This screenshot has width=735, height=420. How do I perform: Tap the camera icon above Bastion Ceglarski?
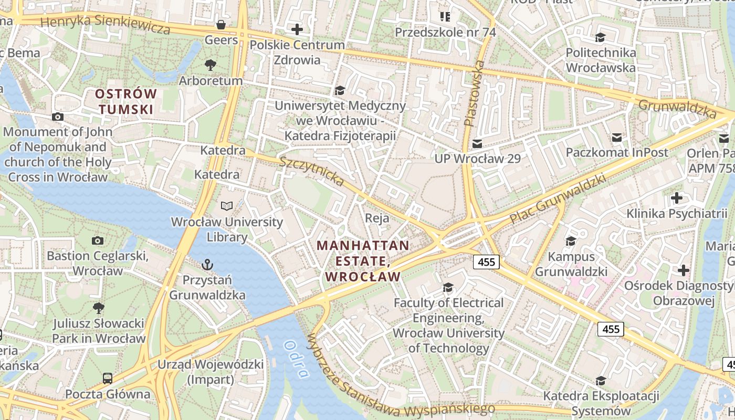pyautogui.click(x=97, y=240)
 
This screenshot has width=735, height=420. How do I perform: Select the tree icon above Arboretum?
pyautogui.click(x=211, y=65)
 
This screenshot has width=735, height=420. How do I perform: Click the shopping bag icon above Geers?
pyautogui.click(x=221, y=24)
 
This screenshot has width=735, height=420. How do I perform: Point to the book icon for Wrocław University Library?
pyautogui.click(x=227, y=206)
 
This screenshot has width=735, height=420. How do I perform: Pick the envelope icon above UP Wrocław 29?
pyautogui.click(x=477, y=143)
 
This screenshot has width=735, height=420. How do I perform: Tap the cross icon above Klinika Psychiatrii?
pyautogui.click(x=677, y=198)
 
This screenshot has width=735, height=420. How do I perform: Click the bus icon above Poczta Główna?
pyautogui.click(x=107, y=378)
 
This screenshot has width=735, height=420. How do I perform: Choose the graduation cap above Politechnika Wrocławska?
pyautogui.click(x=600, y=37)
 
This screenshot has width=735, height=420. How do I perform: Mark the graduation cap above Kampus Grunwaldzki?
pyautogui.click(x=571, y=241)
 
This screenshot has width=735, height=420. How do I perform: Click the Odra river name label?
pyautogui.click(x=296, y=359)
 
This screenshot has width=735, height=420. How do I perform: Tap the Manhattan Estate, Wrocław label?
pyautogui.click(x=363, y=261)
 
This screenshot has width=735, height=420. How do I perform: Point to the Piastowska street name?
pyautogui.click(x=475, y=93)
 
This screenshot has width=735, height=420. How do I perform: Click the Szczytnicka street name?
pyautogui.click(x=311, y=171)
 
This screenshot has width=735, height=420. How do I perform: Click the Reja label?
pyautogui.click(x=377, y=218)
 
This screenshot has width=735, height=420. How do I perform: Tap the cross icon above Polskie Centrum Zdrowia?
pyautogui.click(x=297, y=29)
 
